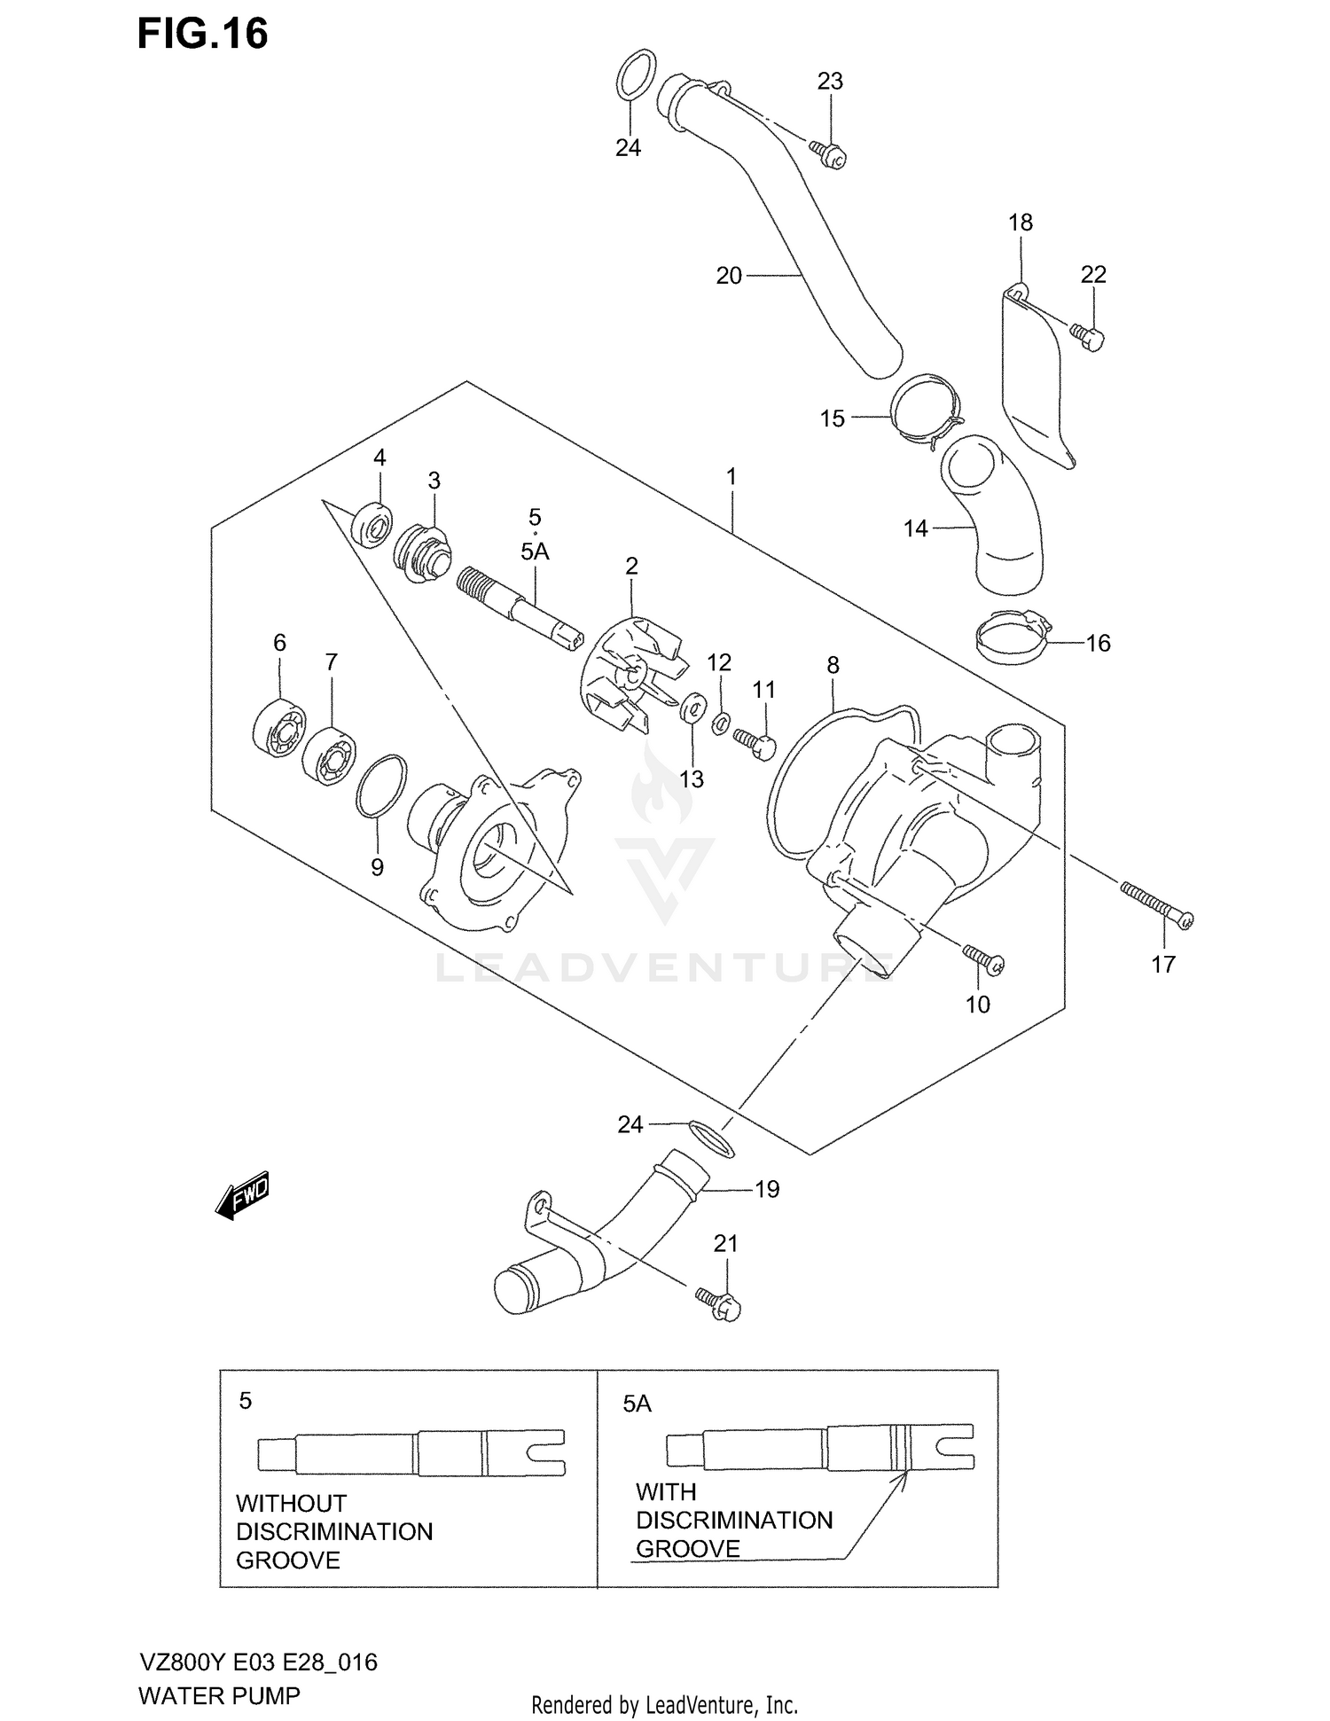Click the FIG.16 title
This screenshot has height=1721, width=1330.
pos(202,34)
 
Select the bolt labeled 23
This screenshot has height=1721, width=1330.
pos(828,153)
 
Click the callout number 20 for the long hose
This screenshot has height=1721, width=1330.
pos(728,276)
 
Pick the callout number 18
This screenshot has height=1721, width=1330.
pos(1021,223)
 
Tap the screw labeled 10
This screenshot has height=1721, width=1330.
pos(983,960)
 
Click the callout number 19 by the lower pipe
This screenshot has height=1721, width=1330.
pos(767,1189)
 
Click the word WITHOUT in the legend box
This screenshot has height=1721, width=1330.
pos(291,1504)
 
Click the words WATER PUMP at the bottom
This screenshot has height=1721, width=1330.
pos(219,1695)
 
